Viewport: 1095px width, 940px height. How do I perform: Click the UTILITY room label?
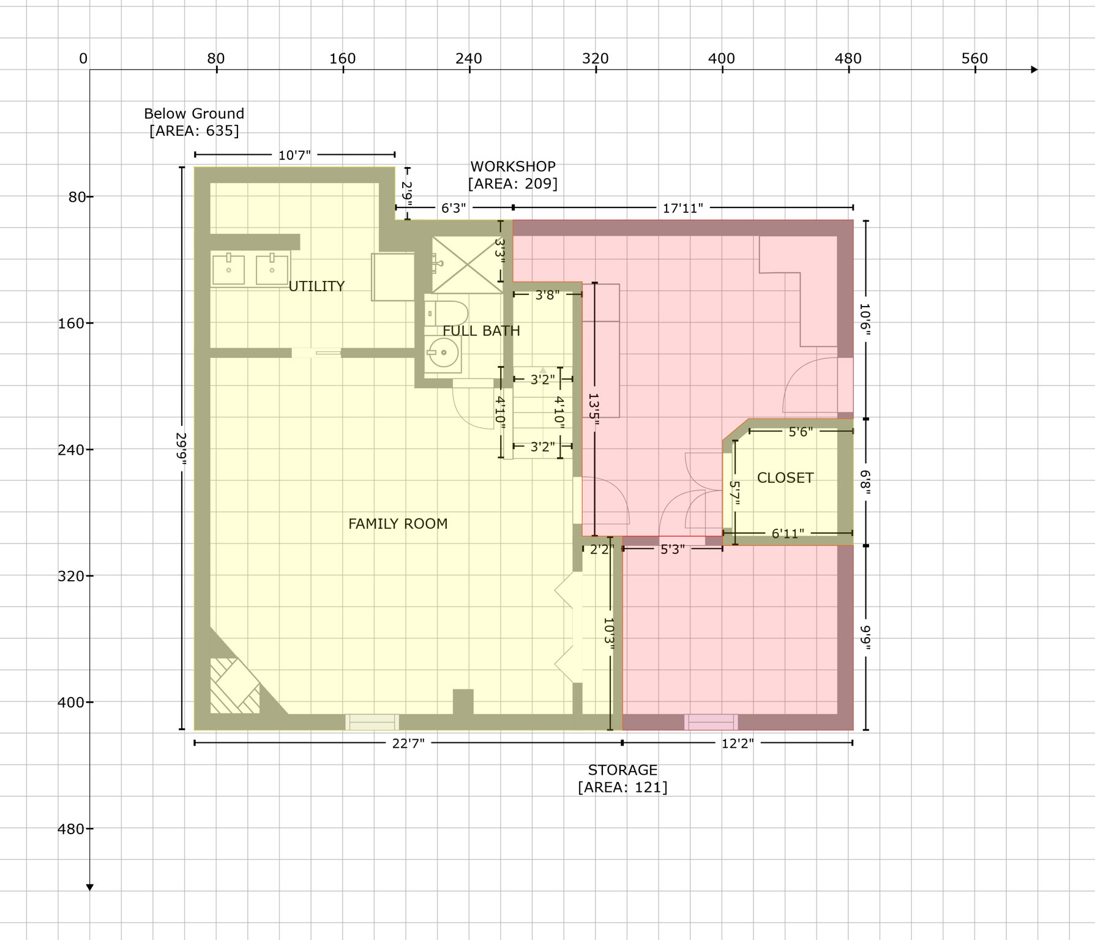(316, 286)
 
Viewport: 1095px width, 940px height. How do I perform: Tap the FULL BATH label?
(481, 331)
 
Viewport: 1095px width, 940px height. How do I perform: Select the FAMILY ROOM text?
(398, 524)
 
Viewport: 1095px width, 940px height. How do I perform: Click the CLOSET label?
(785, 478)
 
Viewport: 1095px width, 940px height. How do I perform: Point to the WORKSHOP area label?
(513, 175)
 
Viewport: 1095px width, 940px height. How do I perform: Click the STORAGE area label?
(622, 778)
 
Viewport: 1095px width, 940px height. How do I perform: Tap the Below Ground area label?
(194, 122)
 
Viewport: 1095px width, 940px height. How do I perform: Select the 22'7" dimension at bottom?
(408, 743)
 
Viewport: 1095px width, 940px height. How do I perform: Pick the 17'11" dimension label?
(683, 209)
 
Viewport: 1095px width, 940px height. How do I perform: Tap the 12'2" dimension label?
(738, 743)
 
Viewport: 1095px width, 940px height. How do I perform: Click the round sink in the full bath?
(443, 353)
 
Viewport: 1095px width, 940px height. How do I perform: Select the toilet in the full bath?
(447, 313)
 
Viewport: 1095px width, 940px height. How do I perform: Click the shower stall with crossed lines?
(467, 265)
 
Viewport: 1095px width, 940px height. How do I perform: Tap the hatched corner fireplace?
(234, 686)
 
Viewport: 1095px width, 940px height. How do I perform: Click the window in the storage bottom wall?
(711, 723)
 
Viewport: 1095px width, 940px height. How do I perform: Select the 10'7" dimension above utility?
(294, 155)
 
